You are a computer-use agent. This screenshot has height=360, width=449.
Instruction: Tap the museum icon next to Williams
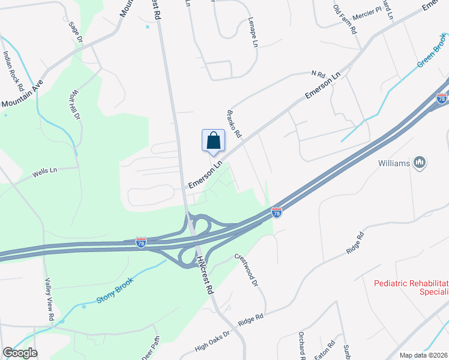click(x=420, y=163)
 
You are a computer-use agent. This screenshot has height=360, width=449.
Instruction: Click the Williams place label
click(x=394, y=163)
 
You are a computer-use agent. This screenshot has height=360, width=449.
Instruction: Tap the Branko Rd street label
click(x=233, y=123)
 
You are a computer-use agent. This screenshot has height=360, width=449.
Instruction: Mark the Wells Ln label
click(x=40, y=173)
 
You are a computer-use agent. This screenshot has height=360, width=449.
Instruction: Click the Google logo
click(x=20, y=353)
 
